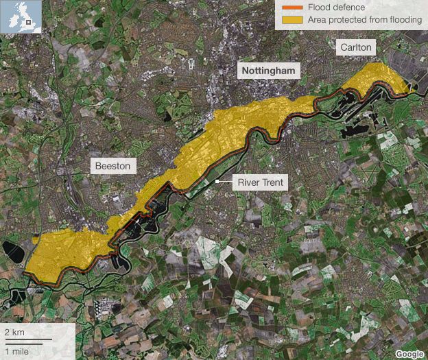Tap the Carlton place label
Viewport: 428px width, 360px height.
coord(355,47)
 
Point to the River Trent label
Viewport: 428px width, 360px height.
coord(261,182)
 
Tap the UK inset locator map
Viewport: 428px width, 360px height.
coord(21,16)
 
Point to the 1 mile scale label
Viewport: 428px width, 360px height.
coord(17,350)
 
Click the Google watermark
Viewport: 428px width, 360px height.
coord(409,353)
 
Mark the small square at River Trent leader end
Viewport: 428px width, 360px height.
coord(217,182)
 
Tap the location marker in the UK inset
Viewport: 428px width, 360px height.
coord(28,22)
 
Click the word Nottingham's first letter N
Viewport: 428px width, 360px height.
coord(241,71)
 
